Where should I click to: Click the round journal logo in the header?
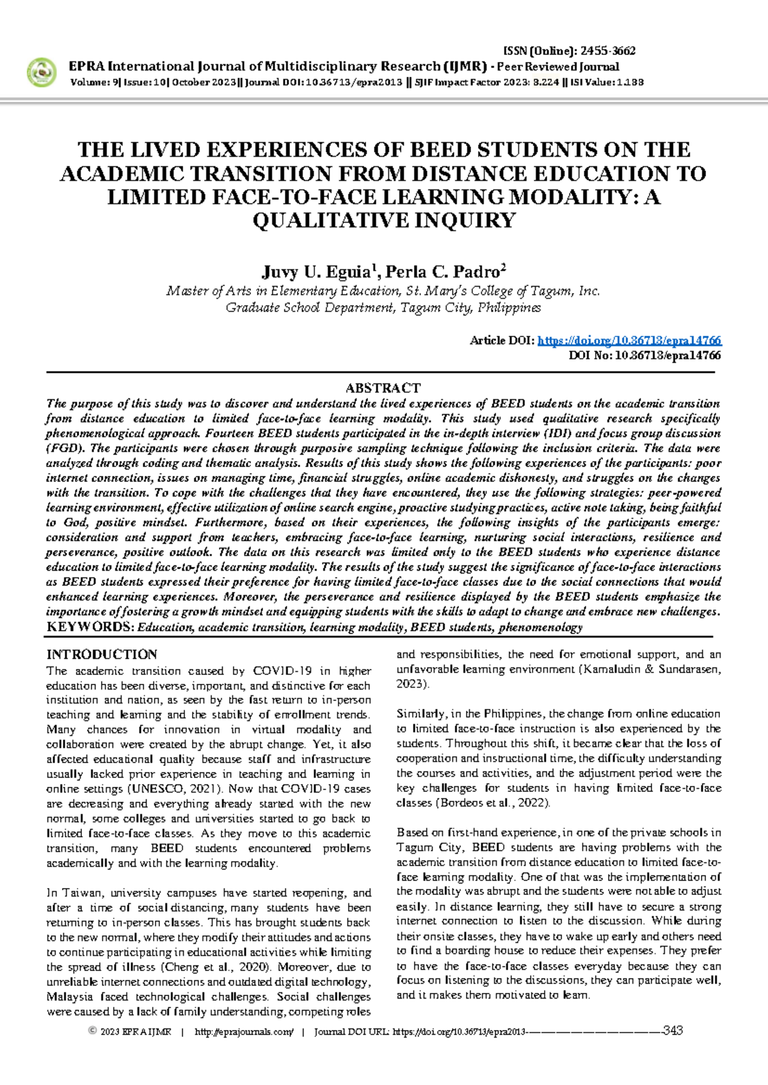(x=42, y=72)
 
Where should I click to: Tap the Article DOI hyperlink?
(x=629, y=340)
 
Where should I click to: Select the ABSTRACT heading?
(x=383, y=388)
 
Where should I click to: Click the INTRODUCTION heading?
(x=102, y=654)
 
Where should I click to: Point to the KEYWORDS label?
(x=90, y=627)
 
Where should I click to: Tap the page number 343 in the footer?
(x=673, y=1031)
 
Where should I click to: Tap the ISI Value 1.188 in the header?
(x=630, y=83)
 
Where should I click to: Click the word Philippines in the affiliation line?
(x=509, y=308)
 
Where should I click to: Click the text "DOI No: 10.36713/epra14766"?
(x=644, y=356)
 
